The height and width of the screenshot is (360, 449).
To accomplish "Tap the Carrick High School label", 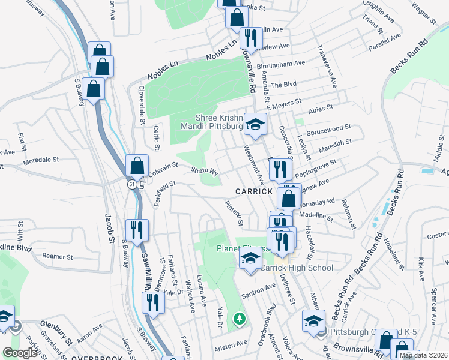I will (x=296, y=268).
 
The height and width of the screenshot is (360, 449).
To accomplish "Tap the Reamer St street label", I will (x=58, y=256).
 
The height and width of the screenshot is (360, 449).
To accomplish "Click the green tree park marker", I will (x=240, y=318).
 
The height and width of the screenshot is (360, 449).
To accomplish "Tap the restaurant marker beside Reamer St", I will (x=137, y=230).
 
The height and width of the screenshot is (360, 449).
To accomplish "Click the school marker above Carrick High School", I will (x=250, y=259).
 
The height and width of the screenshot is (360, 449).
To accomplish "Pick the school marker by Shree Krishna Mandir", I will (x=256, y=124).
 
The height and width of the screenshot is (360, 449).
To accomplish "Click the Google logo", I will (x=20, y=353).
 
